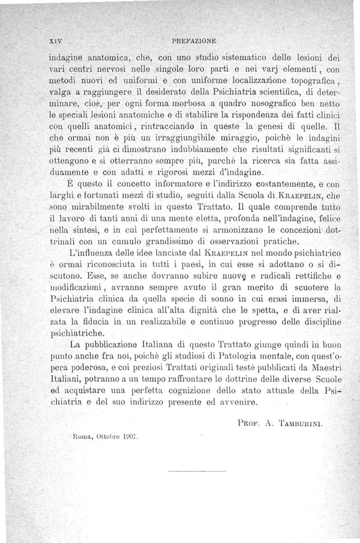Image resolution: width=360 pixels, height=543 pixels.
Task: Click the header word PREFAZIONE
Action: [194, 40]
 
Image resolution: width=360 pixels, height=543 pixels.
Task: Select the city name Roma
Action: [81, 437]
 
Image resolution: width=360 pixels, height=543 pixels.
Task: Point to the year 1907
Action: [130, 437]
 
